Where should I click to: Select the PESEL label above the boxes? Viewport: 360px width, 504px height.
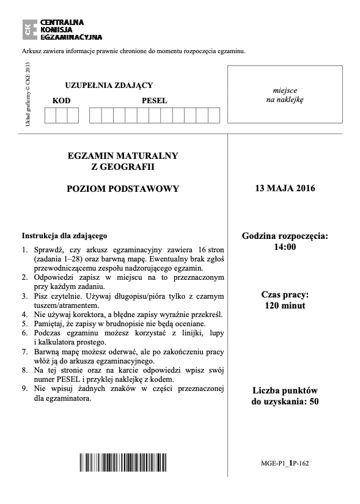point(154,100)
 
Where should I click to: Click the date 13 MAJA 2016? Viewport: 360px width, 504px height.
point(285,189)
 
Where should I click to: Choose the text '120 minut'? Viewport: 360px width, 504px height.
point(285,305)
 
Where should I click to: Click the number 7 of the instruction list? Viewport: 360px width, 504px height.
point(24,352)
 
